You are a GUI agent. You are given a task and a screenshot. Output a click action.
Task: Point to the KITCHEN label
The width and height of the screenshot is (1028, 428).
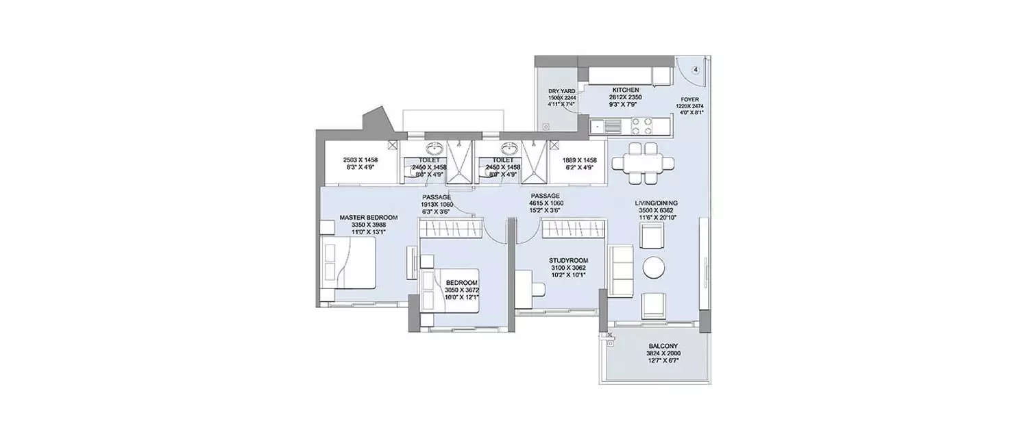tap(626, 90)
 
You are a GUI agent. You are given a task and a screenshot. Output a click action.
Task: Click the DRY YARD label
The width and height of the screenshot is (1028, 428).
tap(561, 90)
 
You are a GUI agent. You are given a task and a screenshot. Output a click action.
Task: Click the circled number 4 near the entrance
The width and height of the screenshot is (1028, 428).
tap(695, 69)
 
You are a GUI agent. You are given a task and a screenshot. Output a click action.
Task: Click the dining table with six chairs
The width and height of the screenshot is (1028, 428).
tap(642, 163)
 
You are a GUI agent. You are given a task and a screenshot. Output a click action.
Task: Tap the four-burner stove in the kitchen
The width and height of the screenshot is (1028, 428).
tap(641, 125)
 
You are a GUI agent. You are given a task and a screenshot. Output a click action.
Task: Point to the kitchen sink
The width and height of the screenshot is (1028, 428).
tap(600, 126)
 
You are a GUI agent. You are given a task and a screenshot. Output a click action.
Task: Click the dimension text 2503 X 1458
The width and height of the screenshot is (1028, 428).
tap(360, 160)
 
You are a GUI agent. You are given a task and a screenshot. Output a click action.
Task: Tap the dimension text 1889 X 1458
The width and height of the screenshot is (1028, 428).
tap(579, 160)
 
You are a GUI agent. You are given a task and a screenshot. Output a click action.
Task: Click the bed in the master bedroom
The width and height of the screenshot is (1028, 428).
tap(349, 262)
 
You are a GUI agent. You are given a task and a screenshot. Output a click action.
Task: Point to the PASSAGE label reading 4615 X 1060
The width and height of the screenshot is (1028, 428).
tap(546, 203)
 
